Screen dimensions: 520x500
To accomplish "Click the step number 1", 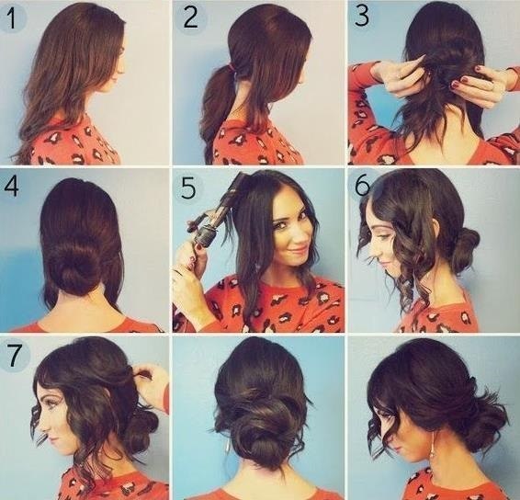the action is pos(11,17).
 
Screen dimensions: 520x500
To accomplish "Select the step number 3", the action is pos(361,16).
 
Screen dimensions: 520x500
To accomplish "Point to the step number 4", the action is pos(12,187).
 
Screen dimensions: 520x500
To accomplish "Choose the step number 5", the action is pos(188,188).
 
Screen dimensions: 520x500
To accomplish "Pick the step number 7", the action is pos(14,356).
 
